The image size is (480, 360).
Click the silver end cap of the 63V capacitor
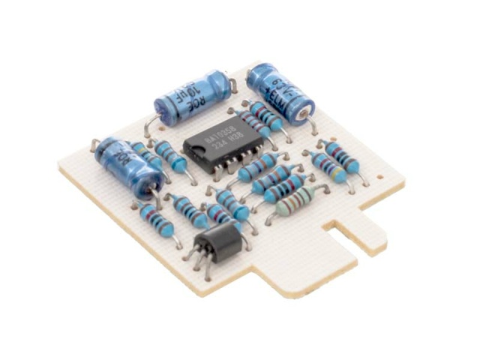[302, 112]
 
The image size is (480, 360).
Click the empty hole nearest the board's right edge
[382, 177]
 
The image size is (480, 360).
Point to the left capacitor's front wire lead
[157, 196]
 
